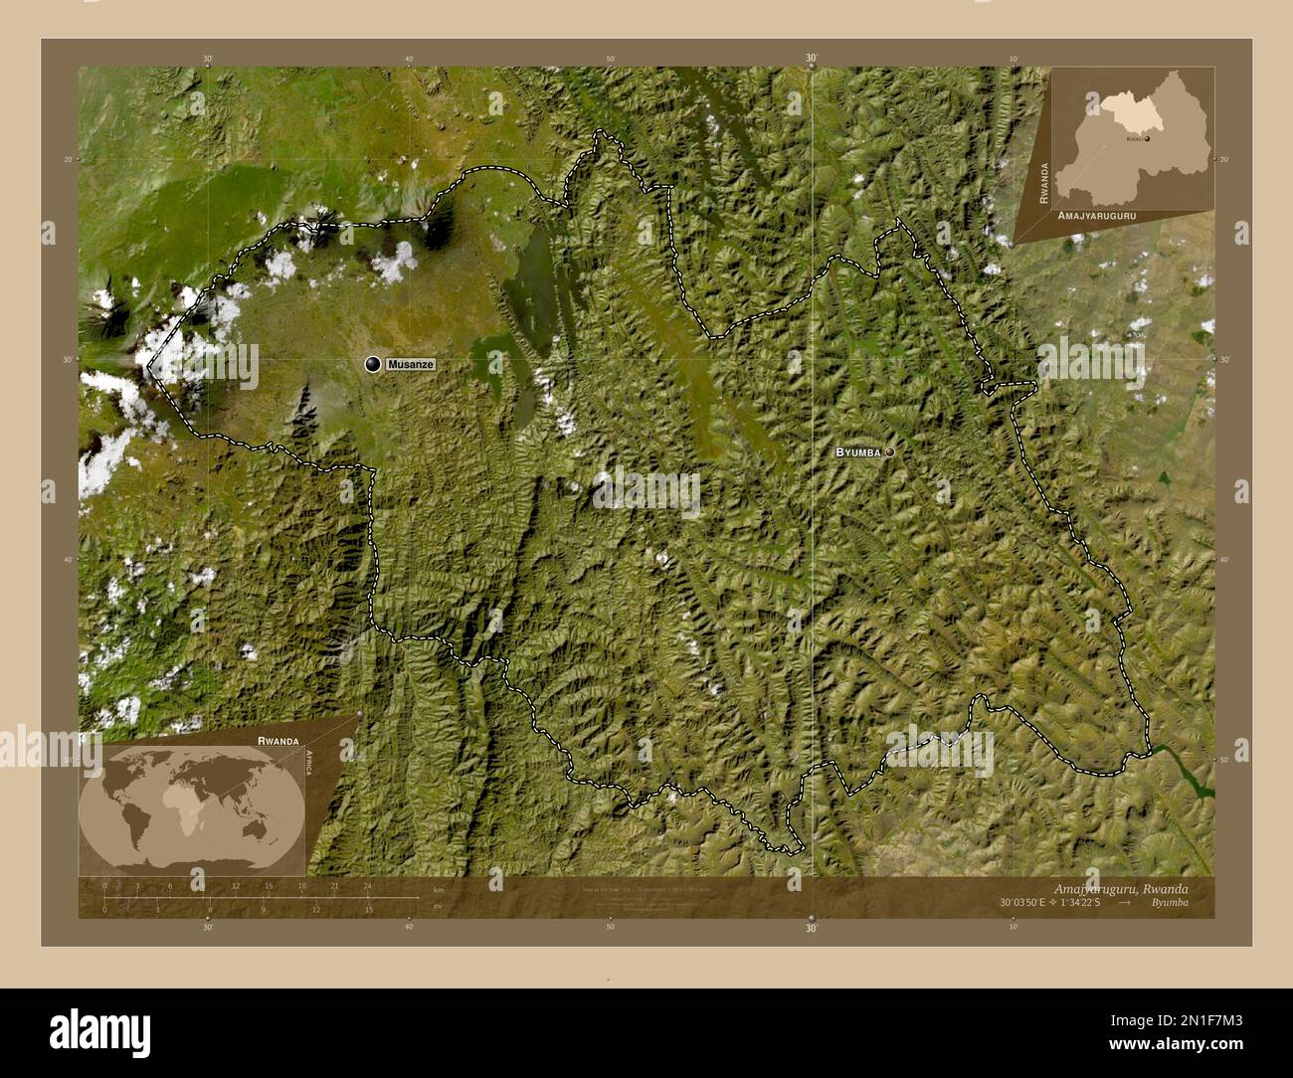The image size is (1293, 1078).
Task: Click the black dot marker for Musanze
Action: (x=373, y=365)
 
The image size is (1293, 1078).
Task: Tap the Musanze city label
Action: (x=411, y=365)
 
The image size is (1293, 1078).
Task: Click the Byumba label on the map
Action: (x=857, y=451)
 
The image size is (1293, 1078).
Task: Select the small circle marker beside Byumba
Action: (x=889, y=451)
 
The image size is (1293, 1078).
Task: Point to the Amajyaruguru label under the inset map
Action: (x=1097, y=215)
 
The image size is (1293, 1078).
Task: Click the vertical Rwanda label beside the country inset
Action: (x=1043, y=183)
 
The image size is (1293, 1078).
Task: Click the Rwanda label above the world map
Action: (x=277, y=741)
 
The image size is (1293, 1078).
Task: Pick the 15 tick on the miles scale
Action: (x=369, y=909)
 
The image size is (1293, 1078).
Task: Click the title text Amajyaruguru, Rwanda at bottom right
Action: (x=1119, y=888)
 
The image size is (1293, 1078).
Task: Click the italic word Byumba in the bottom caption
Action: (x=1169, y=903)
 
